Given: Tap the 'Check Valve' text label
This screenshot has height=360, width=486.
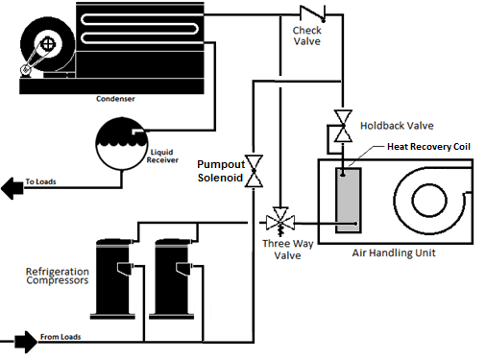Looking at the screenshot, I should (308, 36).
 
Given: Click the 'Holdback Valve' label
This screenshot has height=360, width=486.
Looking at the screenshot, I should (398, 126).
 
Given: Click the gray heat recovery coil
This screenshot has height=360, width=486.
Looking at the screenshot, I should (346, 199).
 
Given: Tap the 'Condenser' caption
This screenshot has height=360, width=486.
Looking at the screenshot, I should (115, 98).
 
